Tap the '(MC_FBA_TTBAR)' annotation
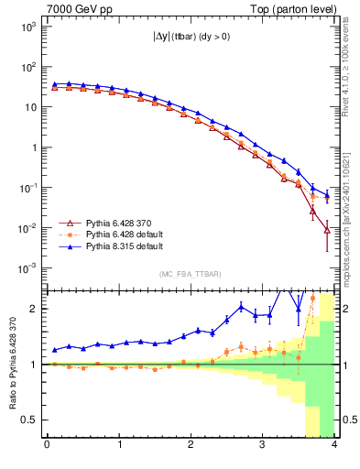pos(190,275)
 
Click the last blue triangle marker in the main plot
pos(327,194)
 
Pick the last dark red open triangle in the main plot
pos(327,230)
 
